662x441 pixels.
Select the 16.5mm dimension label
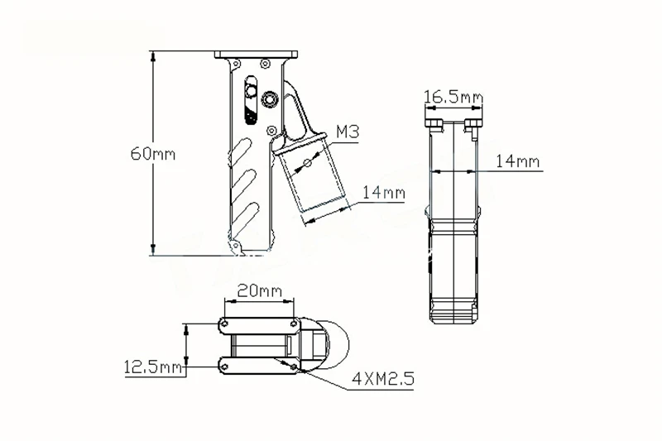click(453, 98)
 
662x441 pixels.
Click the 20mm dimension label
click(258, 290)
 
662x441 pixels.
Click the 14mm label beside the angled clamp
click(383, 193)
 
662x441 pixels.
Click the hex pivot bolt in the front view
click(271, 99)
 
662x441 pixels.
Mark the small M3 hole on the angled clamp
click(306, 163)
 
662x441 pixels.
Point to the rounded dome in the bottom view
click(335, 343)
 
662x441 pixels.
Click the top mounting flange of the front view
click(256, 55)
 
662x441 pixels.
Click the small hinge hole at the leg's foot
click(234, 246)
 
